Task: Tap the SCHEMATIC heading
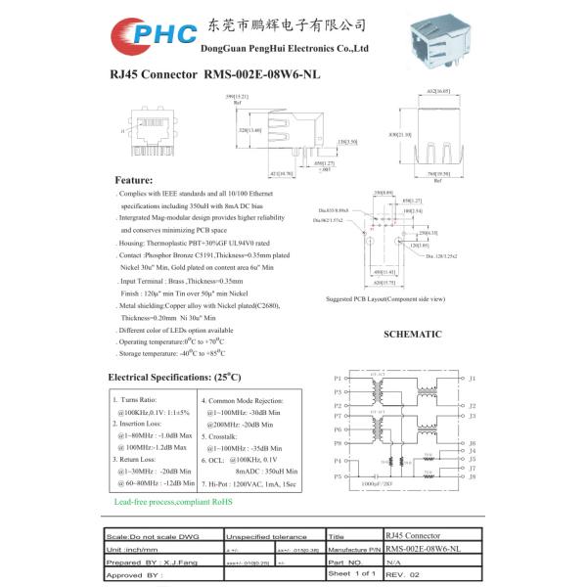tap(412, 335)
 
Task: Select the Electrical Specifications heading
tap(174, 377)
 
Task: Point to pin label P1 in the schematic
tap(338, 378)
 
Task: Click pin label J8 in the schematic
tap(472, 477)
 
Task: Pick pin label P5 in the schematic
tap(338, 476)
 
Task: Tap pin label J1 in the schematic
tap(472, 378)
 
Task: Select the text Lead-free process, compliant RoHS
tap(173, 501)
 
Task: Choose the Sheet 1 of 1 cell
tap(351, 573)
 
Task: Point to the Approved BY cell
tap(137, 574)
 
